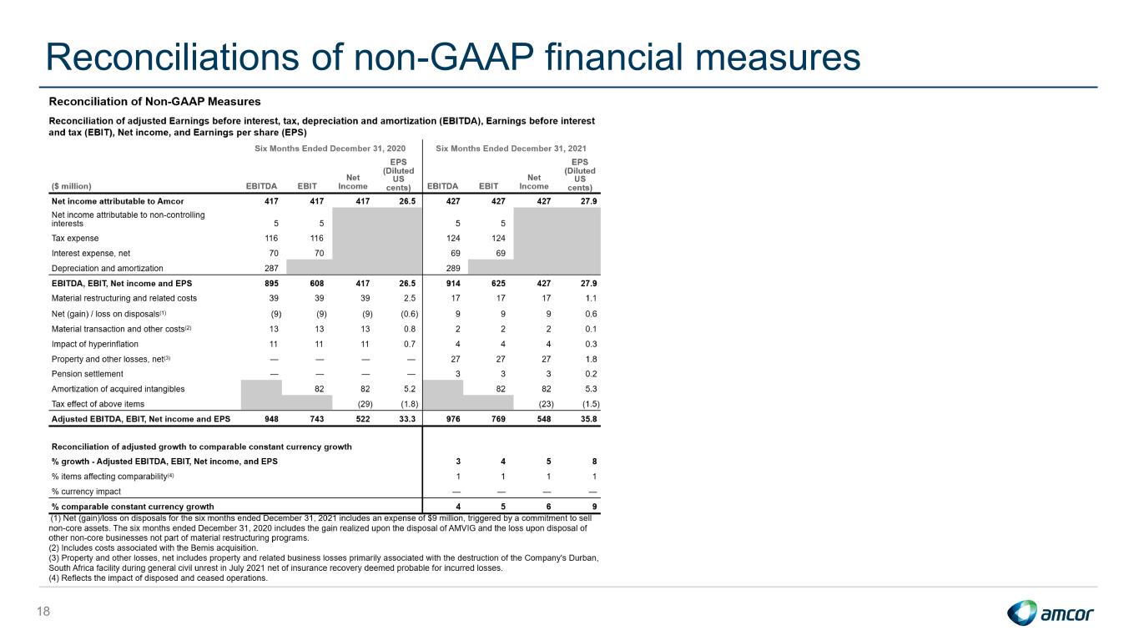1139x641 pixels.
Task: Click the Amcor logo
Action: [x=1050, y=613]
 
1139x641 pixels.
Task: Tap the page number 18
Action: [x=43, y=611]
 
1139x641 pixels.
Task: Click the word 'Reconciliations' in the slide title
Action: [x=173, y=57]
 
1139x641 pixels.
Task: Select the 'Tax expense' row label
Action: [x=75, y=238]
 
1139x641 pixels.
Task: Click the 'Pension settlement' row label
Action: [x=87, y=374]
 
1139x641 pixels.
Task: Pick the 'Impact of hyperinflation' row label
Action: [x=94, y=344]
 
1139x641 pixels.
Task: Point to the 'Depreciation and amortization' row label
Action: [x=108, y=268]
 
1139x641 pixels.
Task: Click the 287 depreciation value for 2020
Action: [x=271, y=268]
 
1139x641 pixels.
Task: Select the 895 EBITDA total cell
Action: [x=271, y=284]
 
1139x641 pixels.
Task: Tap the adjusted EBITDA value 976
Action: [x=452, y=419]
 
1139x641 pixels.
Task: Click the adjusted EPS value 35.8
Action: [x=589, y=419]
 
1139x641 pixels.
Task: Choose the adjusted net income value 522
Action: [x=362, y=419]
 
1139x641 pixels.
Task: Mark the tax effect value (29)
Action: [x=365, y=404]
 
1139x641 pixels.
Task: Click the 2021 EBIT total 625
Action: [x=498, y=284]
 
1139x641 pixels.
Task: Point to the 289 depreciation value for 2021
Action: [x=452, y=268]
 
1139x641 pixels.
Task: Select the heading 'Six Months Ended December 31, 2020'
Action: [x=330, y=149]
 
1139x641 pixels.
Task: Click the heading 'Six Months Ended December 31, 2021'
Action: [x=511, y=149]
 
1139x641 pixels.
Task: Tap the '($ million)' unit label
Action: [x=71, y=186]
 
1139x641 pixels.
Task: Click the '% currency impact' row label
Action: [x=86, y=492]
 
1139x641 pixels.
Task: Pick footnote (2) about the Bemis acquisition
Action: [x=153, y=548]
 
